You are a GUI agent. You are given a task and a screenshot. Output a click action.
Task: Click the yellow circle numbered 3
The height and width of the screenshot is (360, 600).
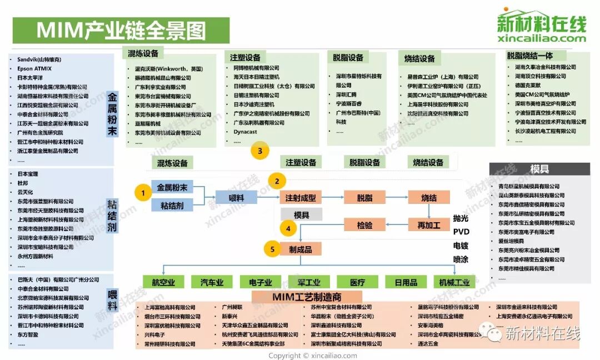259,150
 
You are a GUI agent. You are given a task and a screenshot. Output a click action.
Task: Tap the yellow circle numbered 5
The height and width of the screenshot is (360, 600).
272,249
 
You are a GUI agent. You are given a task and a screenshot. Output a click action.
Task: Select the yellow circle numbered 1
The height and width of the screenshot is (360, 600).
143,193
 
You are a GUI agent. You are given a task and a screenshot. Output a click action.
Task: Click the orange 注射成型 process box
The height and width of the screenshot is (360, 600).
301,198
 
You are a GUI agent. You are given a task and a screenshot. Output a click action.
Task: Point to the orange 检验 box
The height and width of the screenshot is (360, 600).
364,225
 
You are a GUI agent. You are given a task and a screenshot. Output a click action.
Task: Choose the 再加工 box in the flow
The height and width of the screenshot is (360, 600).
429,225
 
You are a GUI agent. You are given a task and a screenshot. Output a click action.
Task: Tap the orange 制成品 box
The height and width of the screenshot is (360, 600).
301,249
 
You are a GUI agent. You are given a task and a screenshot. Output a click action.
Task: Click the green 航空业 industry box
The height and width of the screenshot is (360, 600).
163,282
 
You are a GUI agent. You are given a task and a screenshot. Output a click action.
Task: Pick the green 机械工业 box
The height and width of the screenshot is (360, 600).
454,282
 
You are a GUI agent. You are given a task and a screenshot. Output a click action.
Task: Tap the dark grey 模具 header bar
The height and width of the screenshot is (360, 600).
539,169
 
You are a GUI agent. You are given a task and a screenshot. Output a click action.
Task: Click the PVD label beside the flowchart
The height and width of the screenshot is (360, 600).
461,231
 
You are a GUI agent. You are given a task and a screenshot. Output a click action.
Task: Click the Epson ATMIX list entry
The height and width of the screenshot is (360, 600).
35,68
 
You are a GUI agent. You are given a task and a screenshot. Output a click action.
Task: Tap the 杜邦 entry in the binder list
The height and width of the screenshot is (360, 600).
22,183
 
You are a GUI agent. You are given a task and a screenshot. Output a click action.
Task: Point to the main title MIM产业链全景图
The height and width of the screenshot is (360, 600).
121,31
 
